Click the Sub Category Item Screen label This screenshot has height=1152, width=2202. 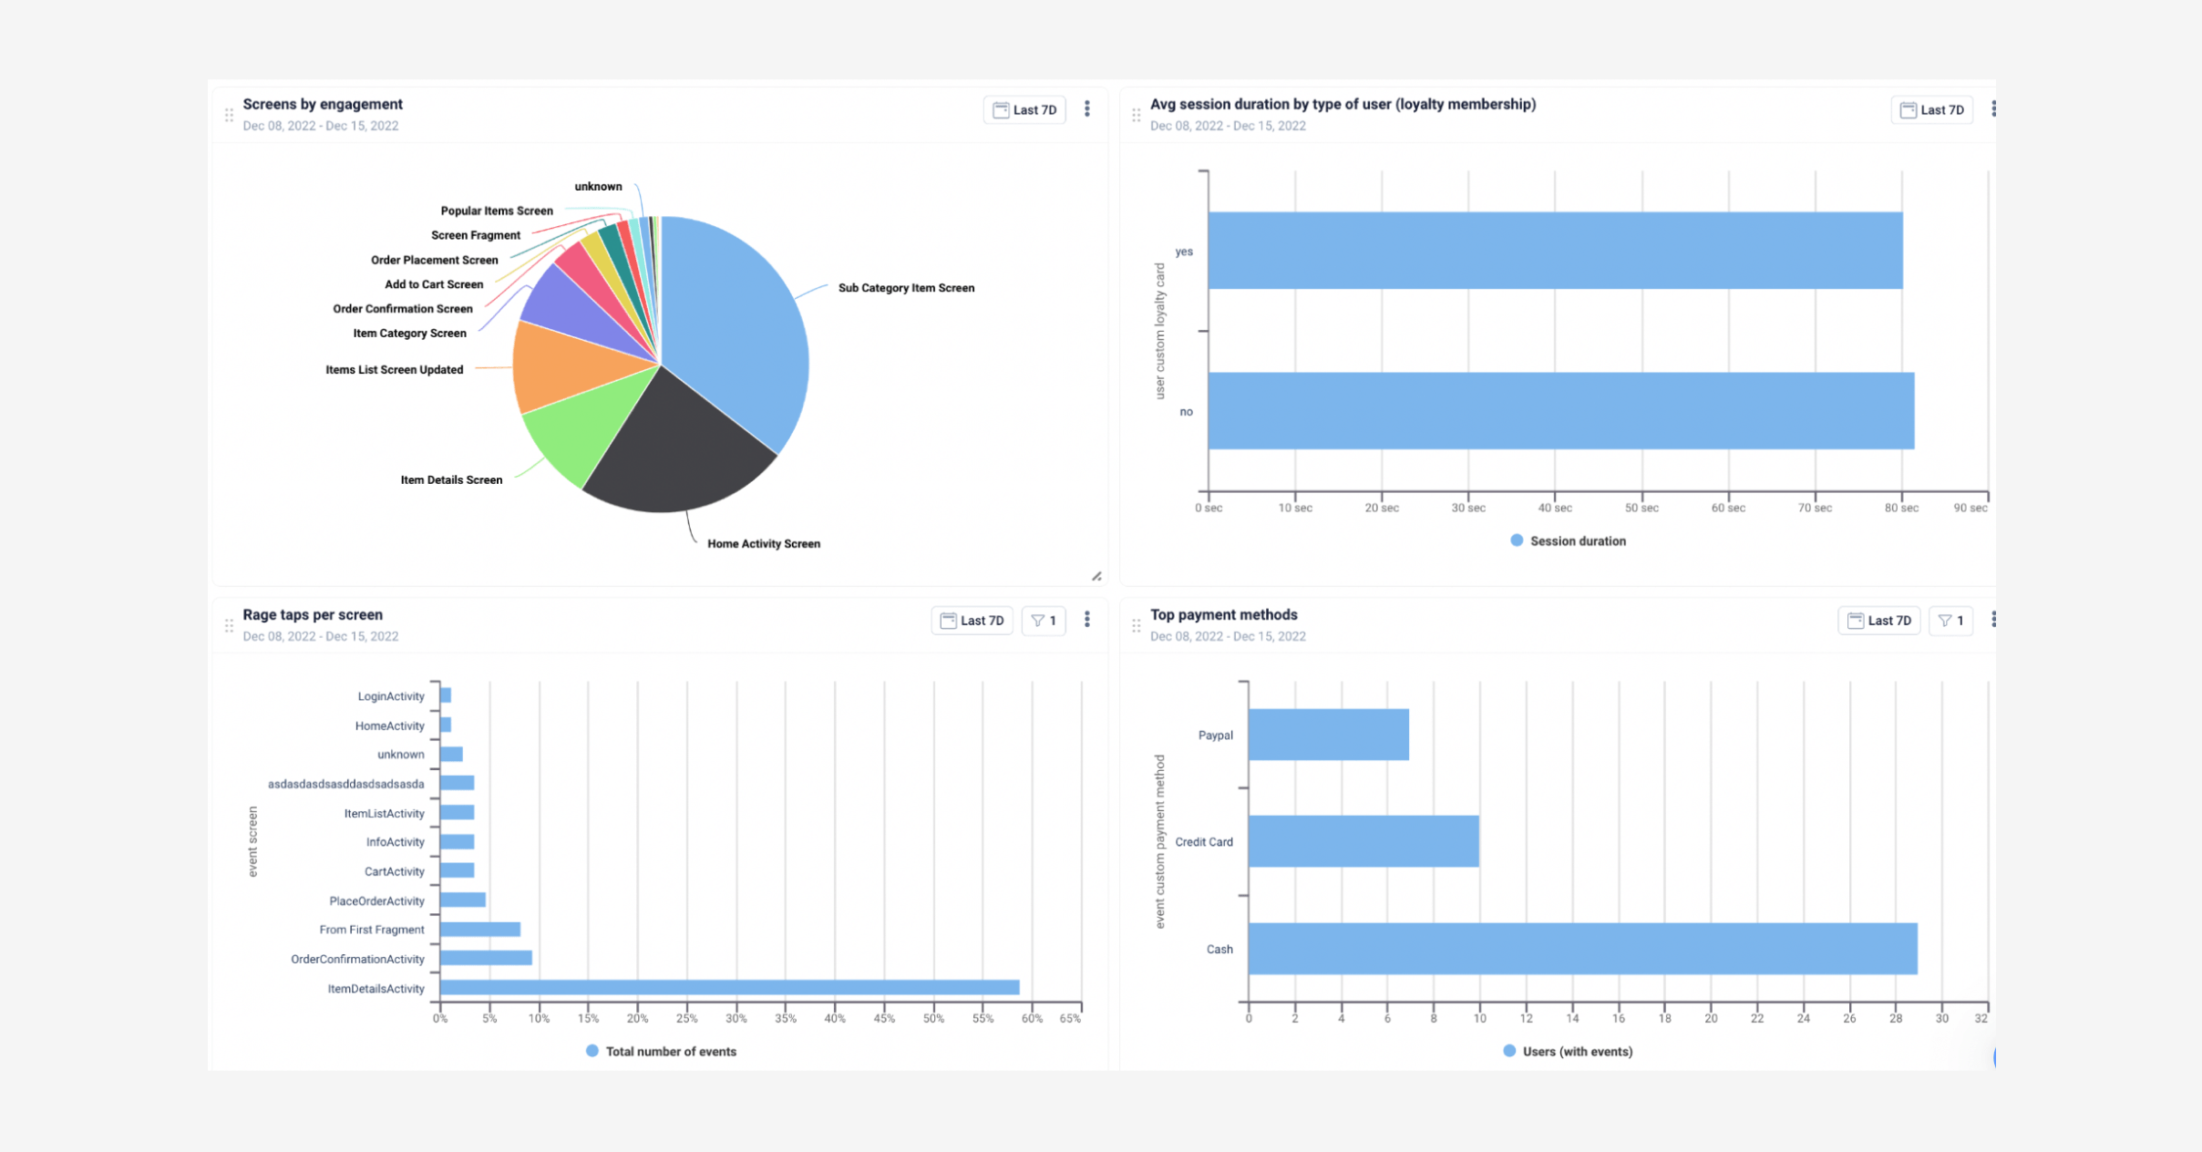pos(906,288)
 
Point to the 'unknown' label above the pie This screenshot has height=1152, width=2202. pos(598,187)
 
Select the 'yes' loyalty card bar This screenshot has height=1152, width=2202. pos(1555,251)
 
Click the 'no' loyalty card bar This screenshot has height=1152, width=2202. pos(1560,411)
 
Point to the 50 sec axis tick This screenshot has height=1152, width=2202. pos(1641,508)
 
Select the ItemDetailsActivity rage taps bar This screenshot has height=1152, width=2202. pos(729,988)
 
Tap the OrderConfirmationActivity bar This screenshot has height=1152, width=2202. pos(486,958)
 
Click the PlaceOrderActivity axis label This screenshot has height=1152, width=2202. pos(376,900)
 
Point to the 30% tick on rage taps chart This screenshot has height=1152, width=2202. pos(736,1019)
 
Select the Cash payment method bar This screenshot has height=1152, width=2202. pos(1582,949)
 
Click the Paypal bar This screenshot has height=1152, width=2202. pos(1328,735)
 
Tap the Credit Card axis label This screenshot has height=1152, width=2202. pos(1203,842)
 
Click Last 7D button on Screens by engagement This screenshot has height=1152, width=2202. pos(1024,110)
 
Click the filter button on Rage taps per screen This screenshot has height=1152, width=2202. pos(1044,621)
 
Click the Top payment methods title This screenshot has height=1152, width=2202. pos(1223,615)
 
